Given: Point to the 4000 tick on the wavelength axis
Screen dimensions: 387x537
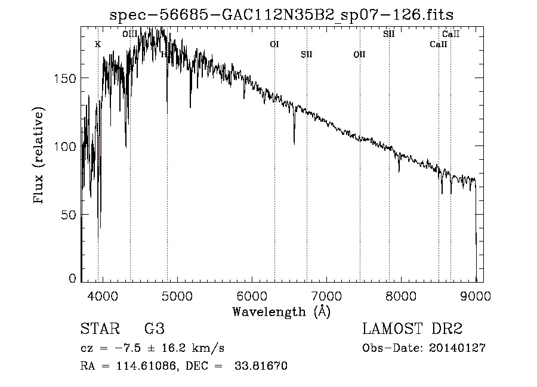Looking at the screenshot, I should tap(103, 296).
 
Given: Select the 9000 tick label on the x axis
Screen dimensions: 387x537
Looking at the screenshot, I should tap(476, 296).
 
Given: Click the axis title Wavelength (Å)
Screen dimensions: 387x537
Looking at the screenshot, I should tap(281, 311).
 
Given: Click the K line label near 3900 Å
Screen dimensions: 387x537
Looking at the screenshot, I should tap(98, 44).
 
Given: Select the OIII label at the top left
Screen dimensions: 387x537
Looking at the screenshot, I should tap(130, 34).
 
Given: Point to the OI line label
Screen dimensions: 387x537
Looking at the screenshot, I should tap(274, 44).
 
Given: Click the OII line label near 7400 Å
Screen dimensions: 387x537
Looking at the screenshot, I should tap(359, 54).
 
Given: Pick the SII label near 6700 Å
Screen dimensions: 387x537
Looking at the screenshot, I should tap(307, 54).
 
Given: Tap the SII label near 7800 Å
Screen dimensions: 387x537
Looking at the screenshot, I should tap(388, 34).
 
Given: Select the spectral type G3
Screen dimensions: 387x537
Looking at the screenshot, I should tap(154, 329).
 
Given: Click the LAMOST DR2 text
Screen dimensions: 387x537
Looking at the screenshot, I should tap(412, 329).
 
